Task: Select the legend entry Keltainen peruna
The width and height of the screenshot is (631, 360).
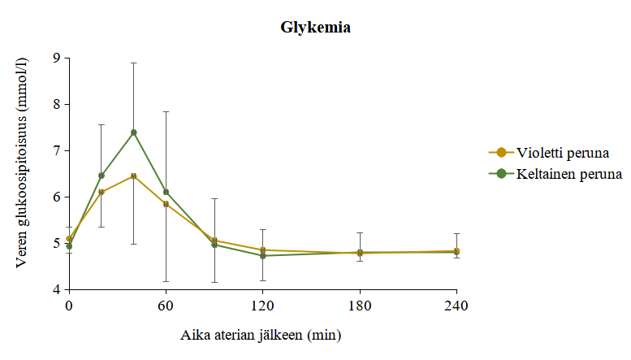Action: pyautogui.click(x=568, y=174)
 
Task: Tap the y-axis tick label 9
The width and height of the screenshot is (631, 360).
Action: pyautogui.click(x=56, y=58)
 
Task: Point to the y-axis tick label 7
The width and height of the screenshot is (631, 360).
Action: pyautogui.click(x=56, y=150)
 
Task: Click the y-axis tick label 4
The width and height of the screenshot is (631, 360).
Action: pyautogui.click(x=56, y=290)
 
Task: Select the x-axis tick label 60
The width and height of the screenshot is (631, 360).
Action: pyautogui.click(x=166, y=306)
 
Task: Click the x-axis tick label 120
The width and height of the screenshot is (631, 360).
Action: pyautogui.click(x=262, y=306)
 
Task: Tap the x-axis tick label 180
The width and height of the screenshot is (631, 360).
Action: pyautogui.click(x=360, y=306)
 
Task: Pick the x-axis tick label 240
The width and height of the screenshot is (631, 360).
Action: pyautogui.click(x=456, y=306)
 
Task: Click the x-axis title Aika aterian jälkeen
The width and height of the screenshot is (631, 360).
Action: pyautogui.click(x=260, y=334)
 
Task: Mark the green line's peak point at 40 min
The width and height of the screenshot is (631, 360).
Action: pyautogui.click(x=134, y=132)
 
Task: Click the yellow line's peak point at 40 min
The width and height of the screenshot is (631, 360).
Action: pyautogui.click(x=134, y=176)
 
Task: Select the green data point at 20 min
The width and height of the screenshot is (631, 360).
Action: pyautogui.click(x=102, y=176)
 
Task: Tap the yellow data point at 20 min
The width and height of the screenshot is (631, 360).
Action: pyautogui.click(x=102, y=193)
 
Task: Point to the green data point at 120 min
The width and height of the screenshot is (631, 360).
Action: pyautogui.click(x=263, y=256)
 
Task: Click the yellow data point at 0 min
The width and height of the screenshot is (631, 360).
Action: pyautogui.click(x=69, y=239)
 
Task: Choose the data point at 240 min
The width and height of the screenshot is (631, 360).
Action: pyautogui.click(x=456, y=252)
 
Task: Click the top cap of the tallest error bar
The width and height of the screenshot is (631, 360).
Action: pyautogui.click(x=134, y=63)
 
